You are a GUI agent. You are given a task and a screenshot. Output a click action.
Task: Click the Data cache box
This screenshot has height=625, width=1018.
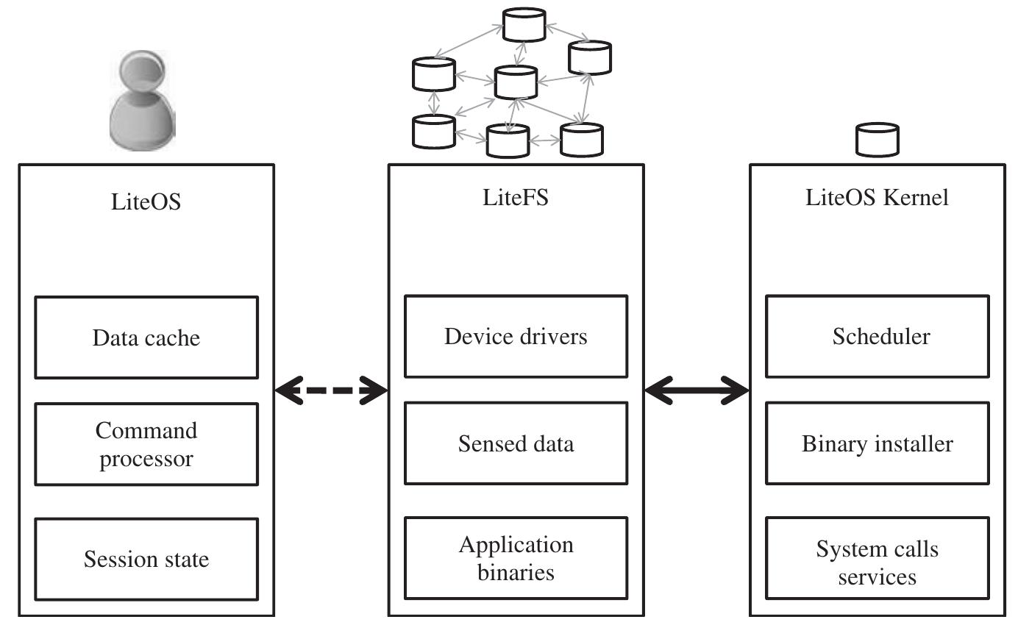(146, 337)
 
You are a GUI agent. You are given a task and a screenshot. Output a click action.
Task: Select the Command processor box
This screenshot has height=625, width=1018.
(146, 443)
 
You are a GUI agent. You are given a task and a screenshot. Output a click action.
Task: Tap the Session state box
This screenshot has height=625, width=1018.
(146, 559)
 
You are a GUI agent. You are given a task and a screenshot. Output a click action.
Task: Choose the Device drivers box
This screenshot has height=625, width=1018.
(516, 336)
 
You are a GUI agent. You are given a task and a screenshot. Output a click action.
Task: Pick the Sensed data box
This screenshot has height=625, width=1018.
(516, 443)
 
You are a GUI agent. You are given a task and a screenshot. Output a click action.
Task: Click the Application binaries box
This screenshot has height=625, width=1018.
(516, 558)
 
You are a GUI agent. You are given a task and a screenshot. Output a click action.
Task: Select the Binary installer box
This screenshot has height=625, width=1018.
(877, 443)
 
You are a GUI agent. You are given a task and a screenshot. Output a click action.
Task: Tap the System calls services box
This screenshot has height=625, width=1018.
(877, 562)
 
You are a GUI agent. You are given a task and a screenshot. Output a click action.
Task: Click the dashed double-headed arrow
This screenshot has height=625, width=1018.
(331, 390)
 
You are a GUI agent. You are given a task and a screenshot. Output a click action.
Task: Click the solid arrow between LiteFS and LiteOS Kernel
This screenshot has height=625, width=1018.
(696, 390)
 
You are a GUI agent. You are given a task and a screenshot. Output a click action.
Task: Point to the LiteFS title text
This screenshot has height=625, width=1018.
(515, 198)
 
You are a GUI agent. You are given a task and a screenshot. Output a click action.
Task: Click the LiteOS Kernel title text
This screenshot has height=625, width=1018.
(877, 198)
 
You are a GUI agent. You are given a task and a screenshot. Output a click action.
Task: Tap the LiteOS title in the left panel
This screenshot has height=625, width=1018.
(146, 201)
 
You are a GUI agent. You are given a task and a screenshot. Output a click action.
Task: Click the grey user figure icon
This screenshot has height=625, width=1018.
(142, 103)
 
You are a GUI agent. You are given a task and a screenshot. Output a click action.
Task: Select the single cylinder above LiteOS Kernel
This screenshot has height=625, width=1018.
(878, 140)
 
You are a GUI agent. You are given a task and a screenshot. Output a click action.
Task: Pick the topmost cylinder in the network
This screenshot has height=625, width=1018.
(524, 24)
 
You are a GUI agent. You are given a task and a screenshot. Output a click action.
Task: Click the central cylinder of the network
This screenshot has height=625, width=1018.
(516, 82)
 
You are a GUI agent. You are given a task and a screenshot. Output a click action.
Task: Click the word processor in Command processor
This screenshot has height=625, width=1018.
(146, 459)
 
